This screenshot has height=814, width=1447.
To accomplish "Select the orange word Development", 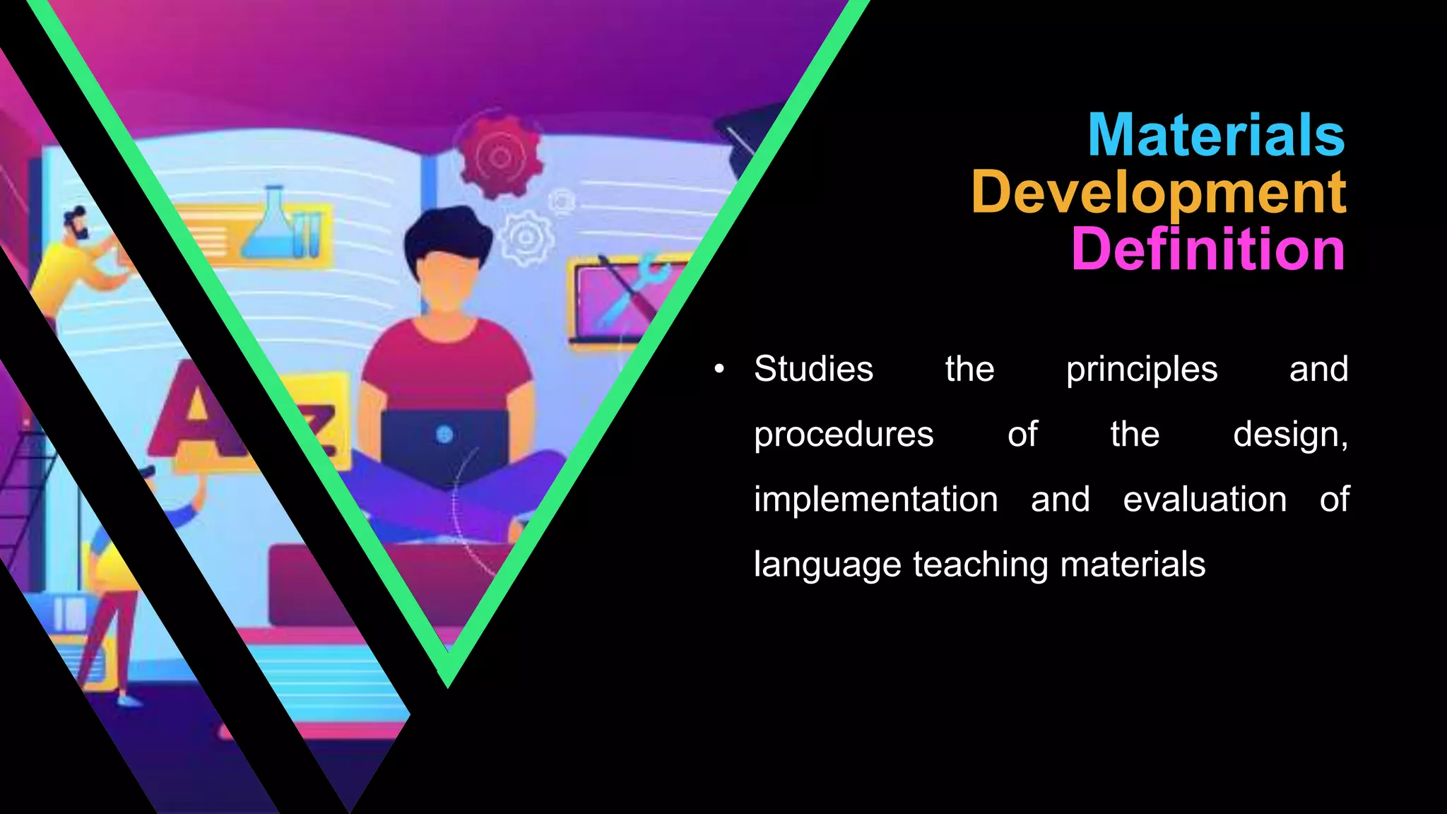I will click(1159, 192).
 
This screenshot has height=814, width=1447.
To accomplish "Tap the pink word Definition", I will click(1208, 249).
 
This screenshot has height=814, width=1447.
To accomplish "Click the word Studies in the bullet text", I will click(813, 369).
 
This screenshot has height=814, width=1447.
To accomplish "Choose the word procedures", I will click(844, 435).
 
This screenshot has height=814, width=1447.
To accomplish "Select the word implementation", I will click(875, 500).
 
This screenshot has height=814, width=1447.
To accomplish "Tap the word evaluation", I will click(1205, 500).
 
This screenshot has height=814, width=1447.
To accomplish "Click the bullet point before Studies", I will click(719, 369).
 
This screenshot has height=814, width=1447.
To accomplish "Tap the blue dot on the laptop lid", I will click(444, 435).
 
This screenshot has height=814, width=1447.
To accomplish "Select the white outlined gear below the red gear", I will click(526, 238).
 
